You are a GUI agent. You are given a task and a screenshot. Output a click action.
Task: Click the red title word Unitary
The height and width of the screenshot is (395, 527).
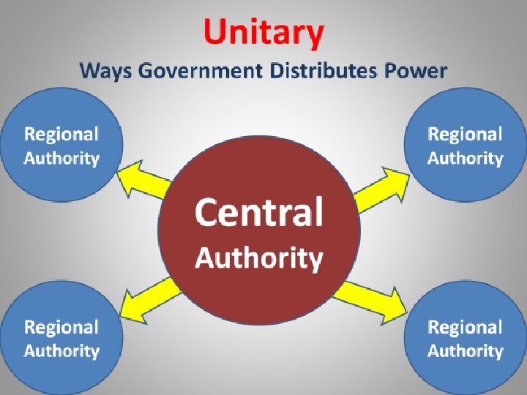pyautogui.click(x=263, y=34)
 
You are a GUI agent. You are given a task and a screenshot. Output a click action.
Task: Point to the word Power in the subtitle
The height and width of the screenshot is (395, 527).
pyautogui.click(x=414, y=71)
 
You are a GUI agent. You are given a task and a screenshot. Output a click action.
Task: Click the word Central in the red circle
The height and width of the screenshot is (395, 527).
pyautogui.click(x=258, y=213)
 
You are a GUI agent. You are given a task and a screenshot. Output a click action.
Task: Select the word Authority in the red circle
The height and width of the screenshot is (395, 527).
pyautogui.click(x=258, y=258)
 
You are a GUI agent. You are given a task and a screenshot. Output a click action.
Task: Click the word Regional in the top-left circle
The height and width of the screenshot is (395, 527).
pyautogui.click(x=61, y=134)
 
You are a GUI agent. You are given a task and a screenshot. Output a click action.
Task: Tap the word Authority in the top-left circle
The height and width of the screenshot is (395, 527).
pyautogui.click(x=61, y=158)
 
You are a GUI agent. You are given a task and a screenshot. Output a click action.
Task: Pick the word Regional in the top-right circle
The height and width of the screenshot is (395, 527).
pyautogui.click(x=465, y=134)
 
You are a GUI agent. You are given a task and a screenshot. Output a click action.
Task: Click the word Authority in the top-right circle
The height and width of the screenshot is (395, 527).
pyautogui.click(x=465, y=158)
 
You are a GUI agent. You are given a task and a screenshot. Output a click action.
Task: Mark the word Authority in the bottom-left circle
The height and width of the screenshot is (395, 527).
pyautogui.click(x=61, y=351)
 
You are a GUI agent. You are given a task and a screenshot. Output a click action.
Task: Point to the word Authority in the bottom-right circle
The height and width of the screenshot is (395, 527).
pyautogui.click(x=465, y=351)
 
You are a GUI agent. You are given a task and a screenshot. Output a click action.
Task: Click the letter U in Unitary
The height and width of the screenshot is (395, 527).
pyautogui.click(x=217, y=34)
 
